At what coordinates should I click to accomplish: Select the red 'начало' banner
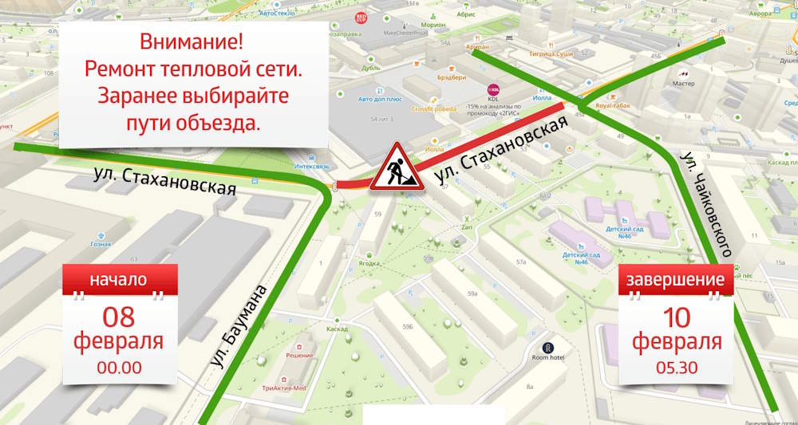pos(118,280)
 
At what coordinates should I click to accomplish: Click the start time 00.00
pos(119,368)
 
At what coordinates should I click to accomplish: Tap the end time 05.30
pos(677,368)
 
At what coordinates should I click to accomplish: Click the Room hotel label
pos(548,357)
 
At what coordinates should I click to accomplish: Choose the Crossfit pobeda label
pos(434,108)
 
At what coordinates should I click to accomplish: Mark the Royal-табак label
pos(614,104)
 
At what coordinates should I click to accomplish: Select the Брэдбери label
pos(452,77)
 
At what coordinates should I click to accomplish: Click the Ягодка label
pos(369,262)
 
